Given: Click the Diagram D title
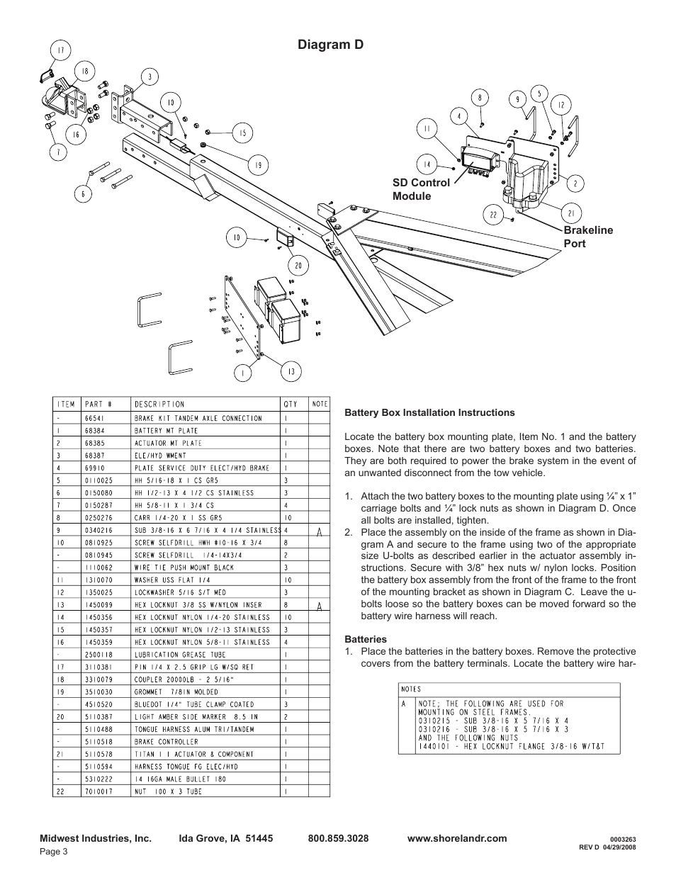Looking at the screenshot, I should tap(332, 44).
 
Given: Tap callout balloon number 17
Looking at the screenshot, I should tap(62, 50).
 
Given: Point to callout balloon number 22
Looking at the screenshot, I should tap(492, 215).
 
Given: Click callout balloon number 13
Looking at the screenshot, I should tap(291, 371).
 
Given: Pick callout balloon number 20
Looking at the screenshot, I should tap(298, 266).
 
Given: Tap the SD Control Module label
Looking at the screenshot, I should tap(421, 189).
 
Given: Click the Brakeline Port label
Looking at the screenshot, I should tap(587, 237).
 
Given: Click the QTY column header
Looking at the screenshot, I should tap(291, 404).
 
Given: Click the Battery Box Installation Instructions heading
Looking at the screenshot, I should tap(429, 412).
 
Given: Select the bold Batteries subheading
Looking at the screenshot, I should tap(365, 639).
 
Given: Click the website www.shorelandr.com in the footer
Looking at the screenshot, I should tap(457, 838).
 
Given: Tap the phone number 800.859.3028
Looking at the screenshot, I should tap(338, 838).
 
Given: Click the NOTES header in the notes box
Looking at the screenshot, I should tap(411, 689).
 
